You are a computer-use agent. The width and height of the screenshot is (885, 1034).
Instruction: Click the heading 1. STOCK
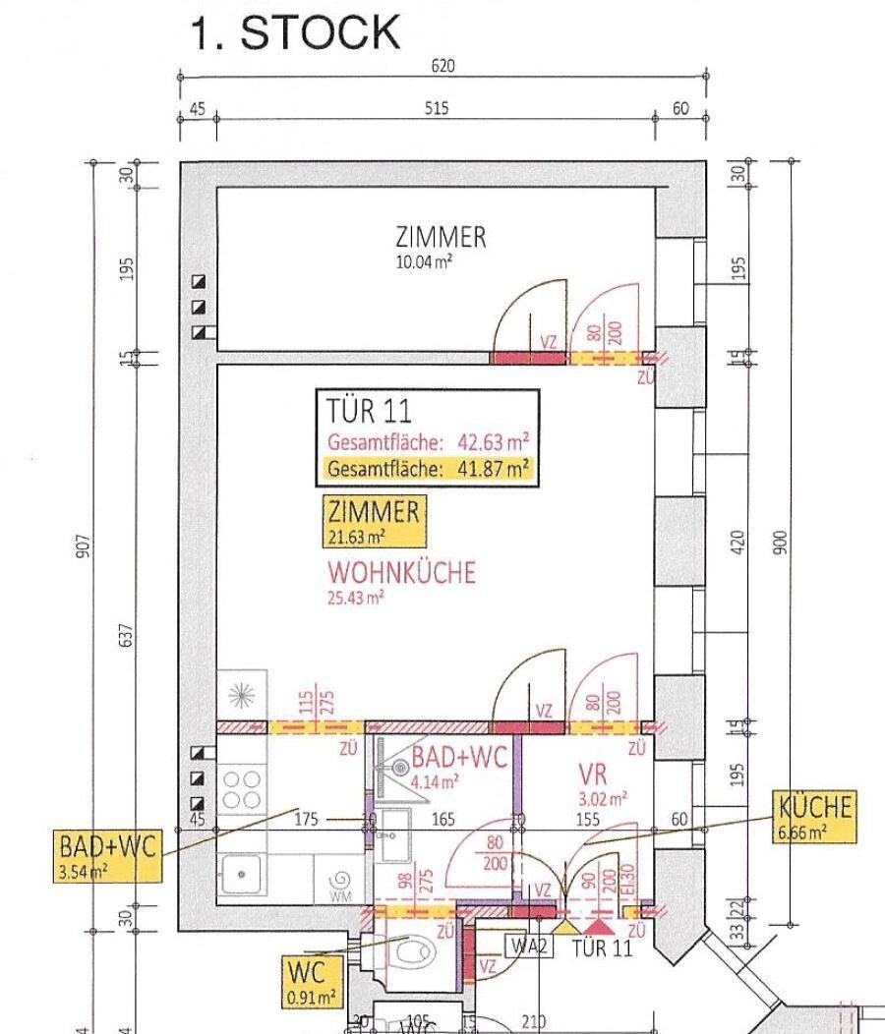coord(294,33)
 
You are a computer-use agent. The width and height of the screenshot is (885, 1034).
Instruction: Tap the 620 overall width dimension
coord(443,67)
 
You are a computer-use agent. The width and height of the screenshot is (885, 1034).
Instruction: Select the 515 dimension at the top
coord(437,108)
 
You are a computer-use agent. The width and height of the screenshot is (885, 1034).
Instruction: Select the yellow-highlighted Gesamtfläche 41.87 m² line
coord(428,469)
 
